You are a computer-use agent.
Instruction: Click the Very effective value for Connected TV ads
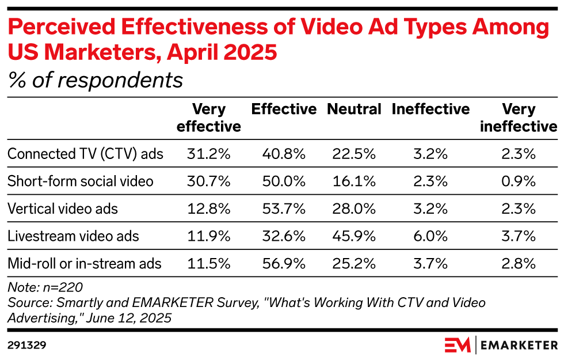click(x=208, y=154)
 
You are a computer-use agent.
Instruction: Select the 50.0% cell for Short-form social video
click(x=284, y=181)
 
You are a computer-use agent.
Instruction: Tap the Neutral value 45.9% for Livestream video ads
click(x=354, y=236)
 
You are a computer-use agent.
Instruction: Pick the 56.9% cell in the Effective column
click(x=284, y=264)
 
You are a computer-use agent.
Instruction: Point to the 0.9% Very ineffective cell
click(x=518, y=181)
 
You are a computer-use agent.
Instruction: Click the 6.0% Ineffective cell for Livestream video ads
click(x=430, y=236)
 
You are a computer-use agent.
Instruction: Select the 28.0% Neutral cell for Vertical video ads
click(x=354, y=209)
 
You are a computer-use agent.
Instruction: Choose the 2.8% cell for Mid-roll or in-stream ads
click(x=518, y=264)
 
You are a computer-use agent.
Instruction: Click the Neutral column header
click(x=354, y=109)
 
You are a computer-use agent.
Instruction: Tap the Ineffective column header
click(x=430, y=109)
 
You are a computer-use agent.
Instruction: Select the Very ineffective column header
click(x=518, y=118)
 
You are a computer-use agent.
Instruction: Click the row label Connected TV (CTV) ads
click(x=85, y=154)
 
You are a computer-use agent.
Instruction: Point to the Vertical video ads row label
click(x=62, y=209)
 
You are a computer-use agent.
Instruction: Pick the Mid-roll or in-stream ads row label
click(x=84, y=264)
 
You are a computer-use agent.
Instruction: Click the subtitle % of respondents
click(x=95, y=80)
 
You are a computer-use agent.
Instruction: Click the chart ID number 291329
click(x=26, y=345)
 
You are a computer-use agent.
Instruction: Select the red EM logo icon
click(x=457, y=345)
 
